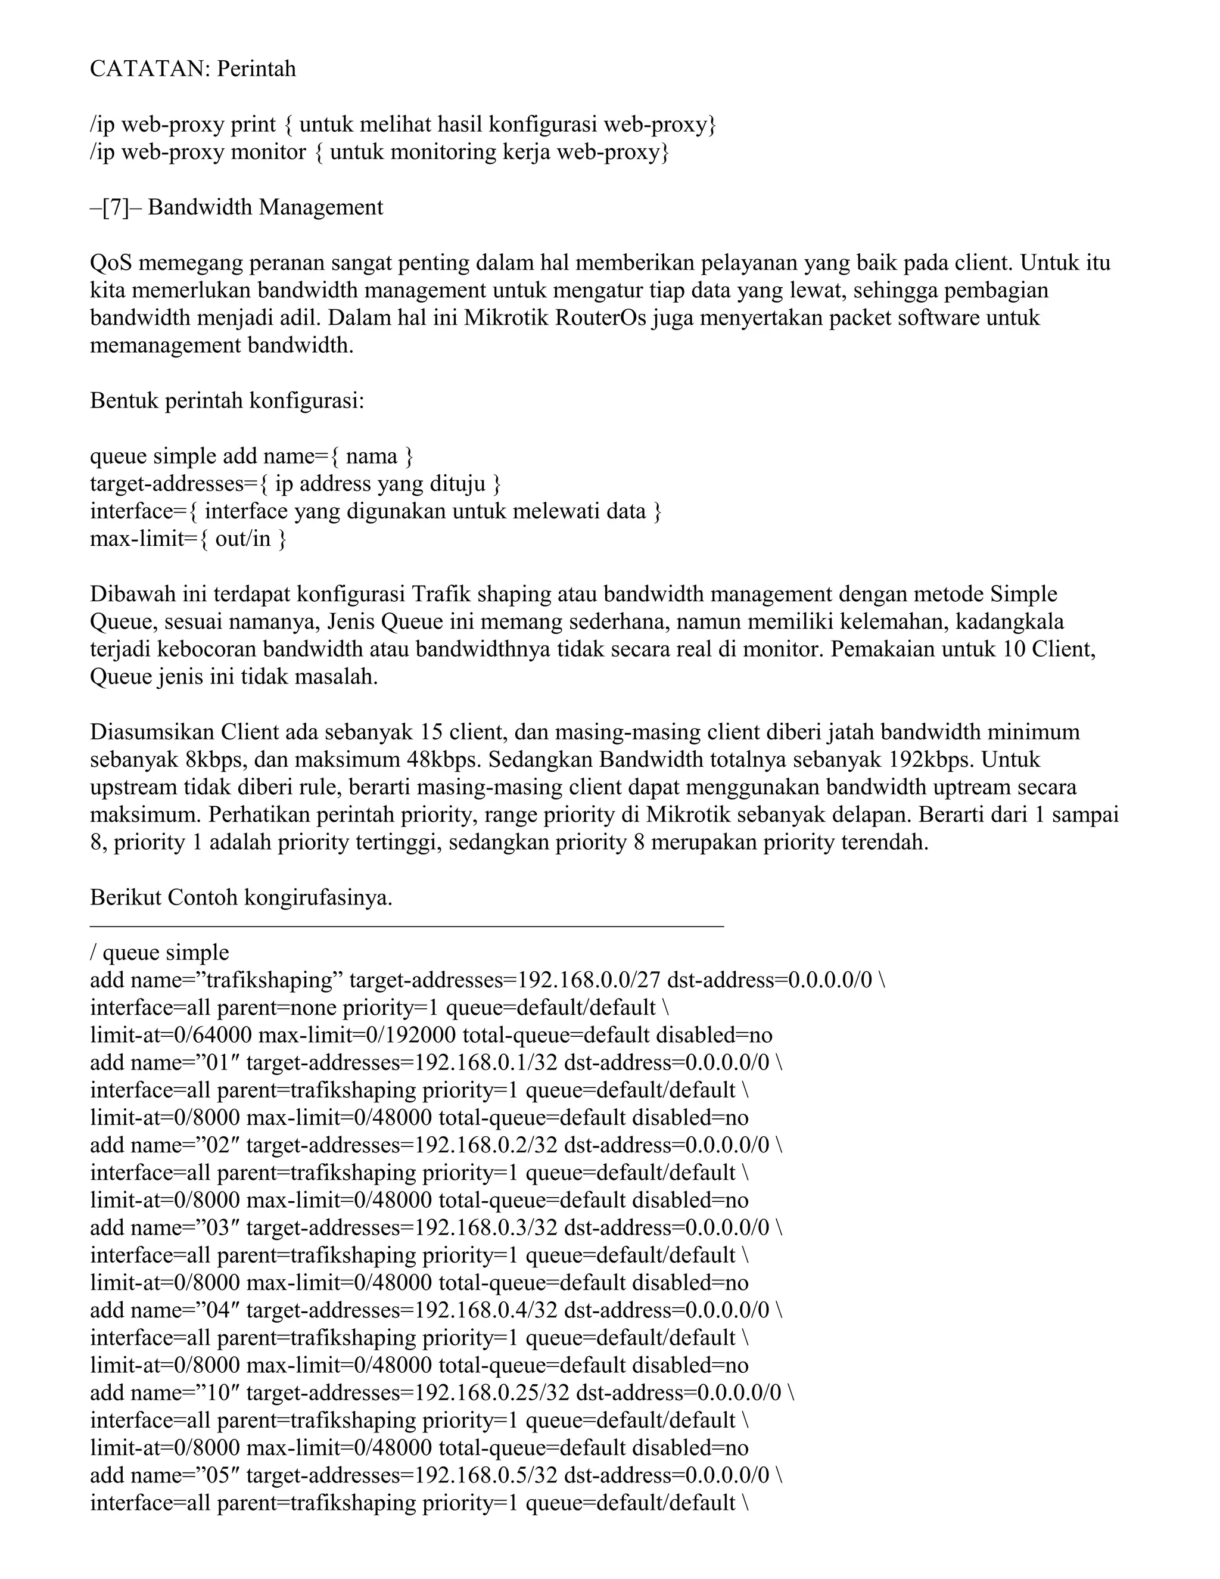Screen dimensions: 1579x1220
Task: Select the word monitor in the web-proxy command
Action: pos(268,152)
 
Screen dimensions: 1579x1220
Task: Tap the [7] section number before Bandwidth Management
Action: pos(116,207)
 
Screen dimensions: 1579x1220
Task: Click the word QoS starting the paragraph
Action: pos(111,262)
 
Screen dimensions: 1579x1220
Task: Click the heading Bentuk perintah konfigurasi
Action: pos(227,400)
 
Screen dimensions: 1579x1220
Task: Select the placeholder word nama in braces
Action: pos(372,456)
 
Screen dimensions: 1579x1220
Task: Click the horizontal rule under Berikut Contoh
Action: pos(406,925)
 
